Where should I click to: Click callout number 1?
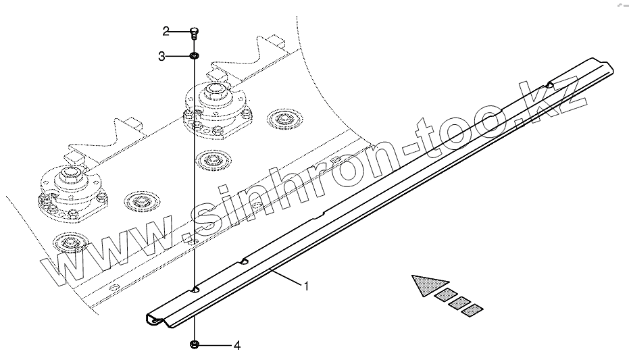click(x=306, y=286)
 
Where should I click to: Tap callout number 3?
click(x=162, y=57)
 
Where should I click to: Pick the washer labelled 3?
click(x=193, y=56)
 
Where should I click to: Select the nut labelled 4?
click(x=194, y=345)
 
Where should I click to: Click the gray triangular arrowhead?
click(x=427, y=285)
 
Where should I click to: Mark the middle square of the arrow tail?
click(x=459, y=301)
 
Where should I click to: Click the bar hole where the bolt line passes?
click(x=195, y=289)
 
